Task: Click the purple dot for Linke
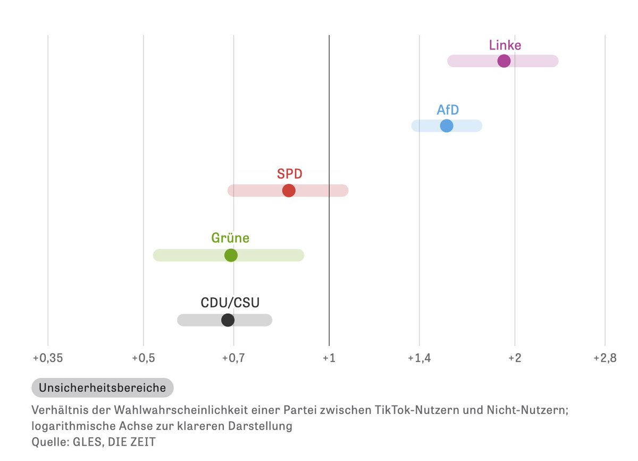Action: [x=503, y=61]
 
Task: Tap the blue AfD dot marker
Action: [x=447, y=126]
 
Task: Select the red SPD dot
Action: [x=289, y=190]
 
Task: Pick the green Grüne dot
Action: [x=231, y=255]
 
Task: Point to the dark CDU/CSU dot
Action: [x=228, y=320]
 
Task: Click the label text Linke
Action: [x=505, y=45]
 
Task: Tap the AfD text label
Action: [x=448, y=110]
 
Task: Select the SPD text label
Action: [x=290, y=174]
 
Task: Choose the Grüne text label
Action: [x=230, y=238]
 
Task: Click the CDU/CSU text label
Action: [x=230, y=303]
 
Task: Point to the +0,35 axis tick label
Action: [x=48, y=358]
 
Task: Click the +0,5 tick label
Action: [x=143, y=358]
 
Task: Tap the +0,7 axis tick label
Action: [x=233, y=358]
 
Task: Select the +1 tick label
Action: [x=329, y=358]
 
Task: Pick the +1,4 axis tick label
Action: [x=419, y=358]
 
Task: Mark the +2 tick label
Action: [x=514, y=358]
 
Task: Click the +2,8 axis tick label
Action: [x=605, y=358]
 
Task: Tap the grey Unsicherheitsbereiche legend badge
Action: [x=103, y=388]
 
